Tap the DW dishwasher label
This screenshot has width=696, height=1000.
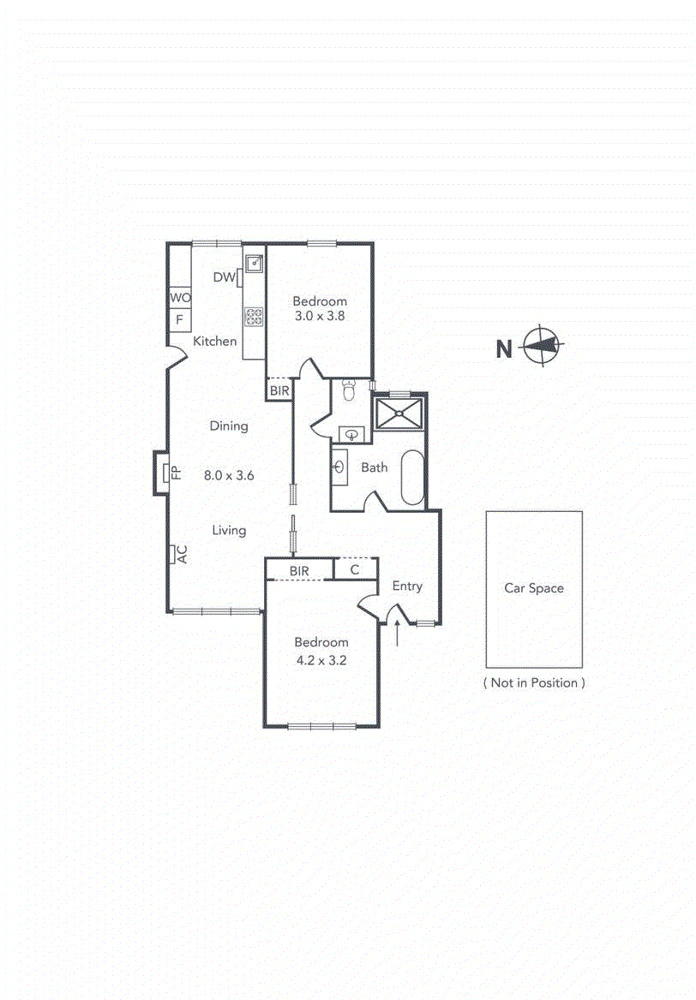[x=224, y=277]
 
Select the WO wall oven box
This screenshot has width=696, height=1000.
[x=180, y=297]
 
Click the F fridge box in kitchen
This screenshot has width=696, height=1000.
[x=180, y=320]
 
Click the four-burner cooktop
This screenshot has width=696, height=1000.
[x=255, y=317]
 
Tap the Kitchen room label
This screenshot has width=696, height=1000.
[x=214, y=342]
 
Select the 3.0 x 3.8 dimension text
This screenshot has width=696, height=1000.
[x=320, y=317]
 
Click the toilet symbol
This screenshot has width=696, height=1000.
[x=348, y=391]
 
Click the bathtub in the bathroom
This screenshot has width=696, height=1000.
[x=412, y=478]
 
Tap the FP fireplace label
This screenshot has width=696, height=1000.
[x=175, y=473]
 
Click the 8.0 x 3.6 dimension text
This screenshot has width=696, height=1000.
[x=229, y=476]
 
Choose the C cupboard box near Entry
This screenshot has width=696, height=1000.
[x=354, y=569]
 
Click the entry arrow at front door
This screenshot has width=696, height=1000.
[x=399, y=634]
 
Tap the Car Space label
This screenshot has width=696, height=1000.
[x=534, y=588]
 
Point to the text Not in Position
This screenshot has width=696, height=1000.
[x=534, y=683]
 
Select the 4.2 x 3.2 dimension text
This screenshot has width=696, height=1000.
[x=321, y=660]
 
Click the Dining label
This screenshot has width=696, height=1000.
[x=229, y=426]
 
